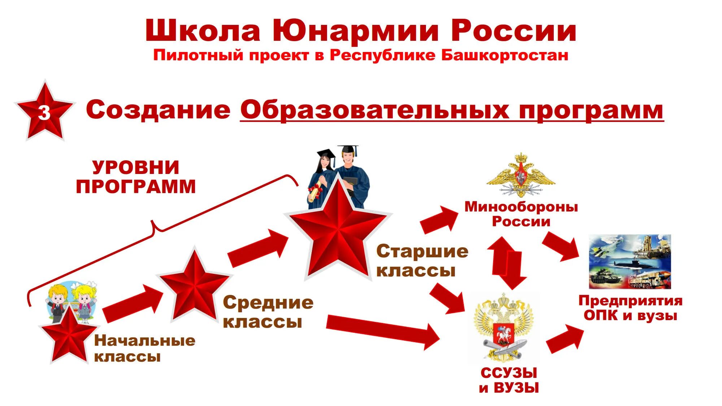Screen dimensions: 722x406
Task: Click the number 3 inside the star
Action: click(x=44, y=113)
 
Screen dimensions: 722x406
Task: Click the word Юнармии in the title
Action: click(x=355, y=31)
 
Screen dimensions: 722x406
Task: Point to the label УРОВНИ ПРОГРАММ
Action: click(x=135, y=177)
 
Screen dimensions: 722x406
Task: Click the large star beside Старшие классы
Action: click(x=338, y=229)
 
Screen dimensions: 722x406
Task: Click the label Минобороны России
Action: click(x=521, y=214)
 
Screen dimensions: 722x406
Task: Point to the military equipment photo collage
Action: click(x=630, y=262)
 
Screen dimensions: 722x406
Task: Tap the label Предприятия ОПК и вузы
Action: click(x=630, y=308)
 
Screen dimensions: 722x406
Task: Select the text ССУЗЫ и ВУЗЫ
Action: click(x=509, y=380)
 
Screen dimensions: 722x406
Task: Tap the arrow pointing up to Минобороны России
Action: click(x=439, y=220)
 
